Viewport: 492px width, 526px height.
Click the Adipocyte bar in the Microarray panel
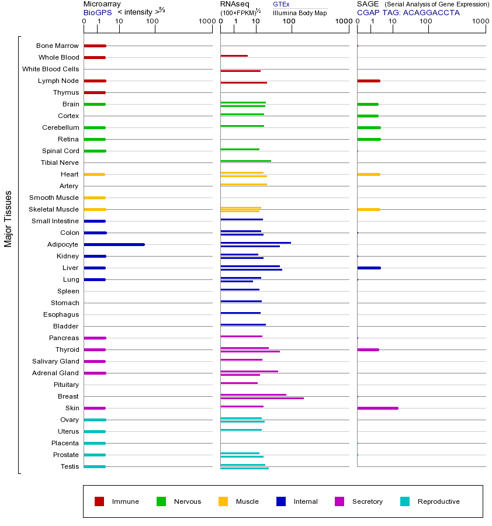click(x=114, y=244)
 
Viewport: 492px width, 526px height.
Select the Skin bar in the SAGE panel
click(x=377, y=408)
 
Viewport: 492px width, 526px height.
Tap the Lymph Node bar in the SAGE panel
click(x=368, y=81)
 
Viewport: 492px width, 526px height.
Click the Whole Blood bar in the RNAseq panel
click(x=234, y=56)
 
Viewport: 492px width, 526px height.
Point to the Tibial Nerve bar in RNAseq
click(x=245, y=161)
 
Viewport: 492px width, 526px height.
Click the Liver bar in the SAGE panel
click(x=369, y=268)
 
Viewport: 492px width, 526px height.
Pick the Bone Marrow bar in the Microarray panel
click(x=95, y=46)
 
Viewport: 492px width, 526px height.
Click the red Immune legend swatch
click(x=99, y=501)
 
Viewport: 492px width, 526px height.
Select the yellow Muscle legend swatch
click(x=223, y=501)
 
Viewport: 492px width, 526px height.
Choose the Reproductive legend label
click(x=438, y=501)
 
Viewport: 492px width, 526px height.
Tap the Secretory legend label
click(x=367, y=501)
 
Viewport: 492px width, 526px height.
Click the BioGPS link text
click(x=97, y=12)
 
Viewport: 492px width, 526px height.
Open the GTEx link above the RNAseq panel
click(x=281, y=4)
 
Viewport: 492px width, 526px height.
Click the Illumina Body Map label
click(x=300, y=13)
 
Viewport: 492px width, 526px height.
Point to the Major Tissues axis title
click(x=8, y=219)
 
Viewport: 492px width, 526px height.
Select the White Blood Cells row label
click(x=51, y=69)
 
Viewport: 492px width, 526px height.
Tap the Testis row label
click(x=70, y=466)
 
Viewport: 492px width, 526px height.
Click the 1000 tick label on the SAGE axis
click(x=479, y=22)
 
